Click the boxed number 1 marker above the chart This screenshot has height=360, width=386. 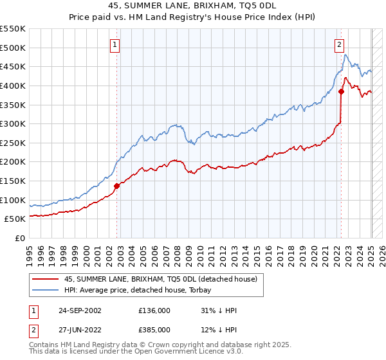coord(114,45)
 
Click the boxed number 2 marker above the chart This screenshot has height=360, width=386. coord(338,45)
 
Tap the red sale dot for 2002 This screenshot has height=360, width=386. coord(117,186)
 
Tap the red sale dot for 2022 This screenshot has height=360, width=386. coord(342,91)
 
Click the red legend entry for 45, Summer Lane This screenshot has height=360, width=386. coord(161,278)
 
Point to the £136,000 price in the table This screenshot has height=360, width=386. coord(154,310)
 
